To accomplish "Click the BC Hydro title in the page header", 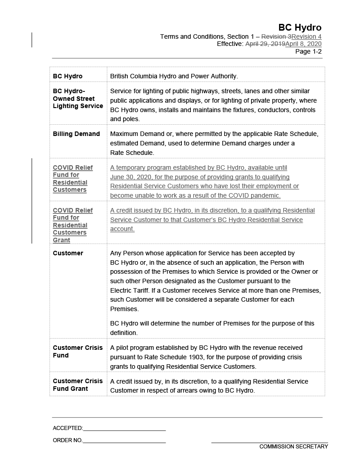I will (x=300, y=28).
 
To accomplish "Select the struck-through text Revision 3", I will (x=276, y=36).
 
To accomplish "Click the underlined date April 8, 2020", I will (x=303, y=44).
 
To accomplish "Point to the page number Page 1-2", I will (x=308, y=51).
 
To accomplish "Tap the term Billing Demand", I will (x=76, y=134).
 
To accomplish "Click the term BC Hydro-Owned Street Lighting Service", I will (x=78, y=99).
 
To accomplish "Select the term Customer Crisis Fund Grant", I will (x=78, y=385).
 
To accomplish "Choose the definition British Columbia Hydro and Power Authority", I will (x=174, y=76).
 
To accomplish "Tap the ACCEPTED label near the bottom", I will (x=67, y=428).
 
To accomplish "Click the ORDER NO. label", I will (x=67, y=440).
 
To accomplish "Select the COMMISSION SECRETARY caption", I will (x=293, y=447).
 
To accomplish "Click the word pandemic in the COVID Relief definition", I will (x=265, y=195).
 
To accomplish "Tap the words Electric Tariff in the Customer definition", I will (x=131, y=290).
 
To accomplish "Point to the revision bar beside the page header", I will (x=32, y=40).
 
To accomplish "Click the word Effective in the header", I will (x=229, y=44).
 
